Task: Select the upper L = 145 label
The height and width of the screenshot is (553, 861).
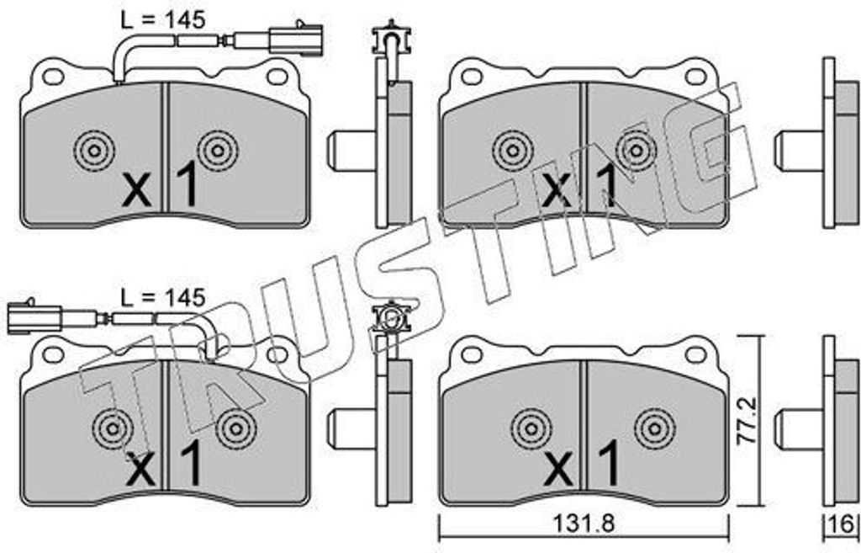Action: click(x=162, y=20)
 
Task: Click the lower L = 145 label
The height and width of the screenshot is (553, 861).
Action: click(x=162, y=297)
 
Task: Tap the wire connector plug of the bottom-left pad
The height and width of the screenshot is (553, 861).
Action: click(x=34, y=317)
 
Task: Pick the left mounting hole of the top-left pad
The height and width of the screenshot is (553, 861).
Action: click(x=53, y=77)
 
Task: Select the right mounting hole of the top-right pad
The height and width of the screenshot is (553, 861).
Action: click(x=695, y=77)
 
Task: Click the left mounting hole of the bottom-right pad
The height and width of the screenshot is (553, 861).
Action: click(x=471, y=354)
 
